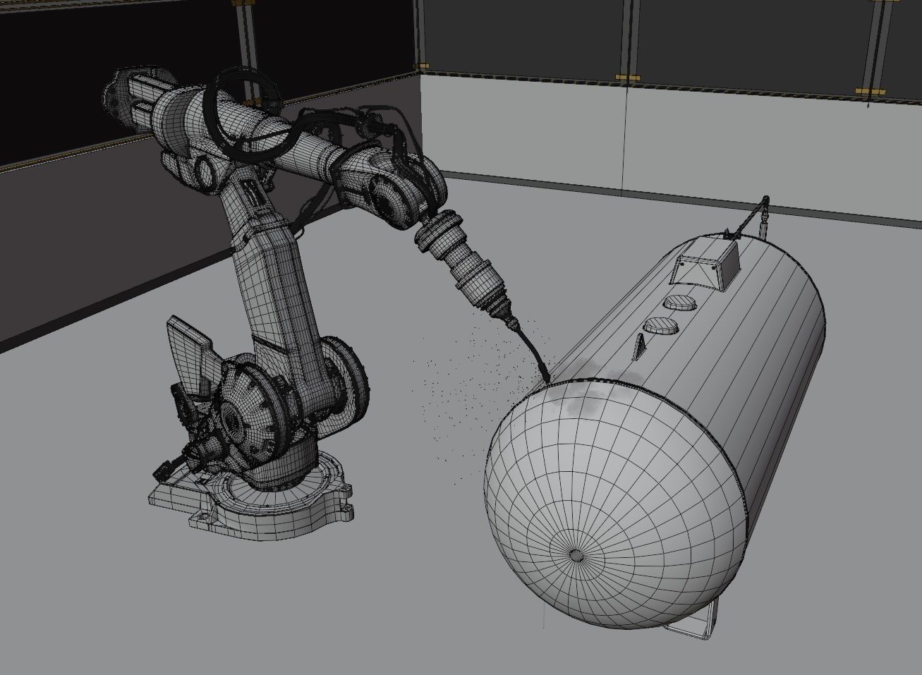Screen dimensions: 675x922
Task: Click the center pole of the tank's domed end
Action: coord(576,554)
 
